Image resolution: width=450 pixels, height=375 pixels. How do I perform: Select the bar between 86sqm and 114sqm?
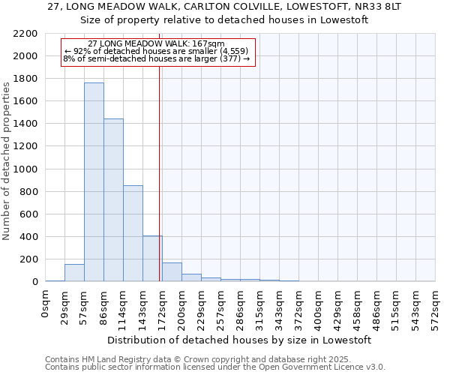click(x=113, y=200)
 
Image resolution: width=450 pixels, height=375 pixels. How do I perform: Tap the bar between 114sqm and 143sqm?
click(x=133, y=233)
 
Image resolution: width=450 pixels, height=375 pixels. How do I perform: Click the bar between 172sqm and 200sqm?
click(x=172, y=272)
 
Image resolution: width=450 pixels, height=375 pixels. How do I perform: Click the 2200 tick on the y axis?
click(x=25, y=34)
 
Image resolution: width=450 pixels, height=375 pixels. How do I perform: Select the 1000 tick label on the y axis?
click(x=25, y=169)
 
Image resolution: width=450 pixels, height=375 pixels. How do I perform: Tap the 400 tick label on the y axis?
click(x=28, y=237)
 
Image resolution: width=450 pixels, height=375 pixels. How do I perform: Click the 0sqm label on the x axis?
click(x=46, y=303)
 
